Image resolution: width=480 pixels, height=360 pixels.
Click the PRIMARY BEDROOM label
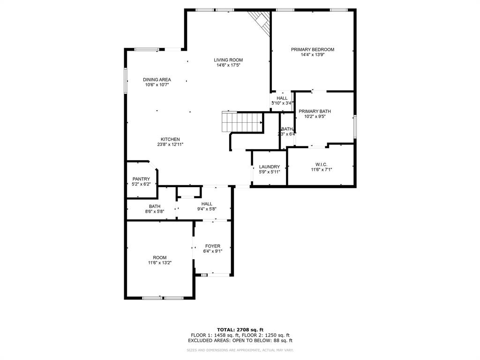[x=312, y=49]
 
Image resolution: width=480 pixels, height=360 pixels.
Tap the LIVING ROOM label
[x=228, y=60]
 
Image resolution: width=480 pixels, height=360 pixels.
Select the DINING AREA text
[x=157, y=79]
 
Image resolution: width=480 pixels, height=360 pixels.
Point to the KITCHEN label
[x=170, y=139]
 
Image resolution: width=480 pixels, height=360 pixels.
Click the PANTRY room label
[x=141, y=179]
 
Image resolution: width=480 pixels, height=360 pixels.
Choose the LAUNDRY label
[x=269, y=166]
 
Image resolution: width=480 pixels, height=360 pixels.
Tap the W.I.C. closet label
[x=321, y=164]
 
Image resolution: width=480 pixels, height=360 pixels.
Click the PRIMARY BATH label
[x=315, y=111]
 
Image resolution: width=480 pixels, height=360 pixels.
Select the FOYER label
[x=213, y=246]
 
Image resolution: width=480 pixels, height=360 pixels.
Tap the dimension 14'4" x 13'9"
[x=312, y=55]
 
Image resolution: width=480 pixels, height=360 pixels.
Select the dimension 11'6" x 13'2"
[x=159, y=263]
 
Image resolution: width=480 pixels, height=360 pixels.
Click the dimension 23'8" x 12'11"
[x=170, y=144]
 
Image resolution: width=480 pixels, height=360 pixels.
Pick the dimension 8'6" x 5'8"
[x=155, y=212]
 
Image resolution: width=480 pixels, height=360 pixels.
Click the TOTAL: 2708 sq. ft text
[x=240, y=330]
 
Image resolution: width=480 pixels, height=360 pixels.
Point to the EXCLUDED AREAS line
[x=240, y=341]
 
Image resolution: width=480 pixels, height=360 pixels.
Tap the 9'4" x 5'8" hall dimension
[x=207, y=209]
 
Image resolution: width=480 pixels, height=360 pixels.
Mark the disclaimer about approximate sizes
[x=240, y=350]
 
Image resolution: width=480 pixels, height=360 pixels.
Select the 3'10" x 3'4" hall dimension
[x=282, y=103]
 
